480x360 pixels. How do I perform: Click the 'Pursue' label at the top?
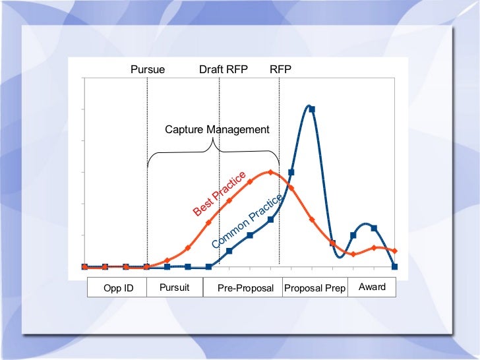[147, 69]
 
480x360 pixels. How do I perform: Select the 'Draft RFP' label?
[223, 69]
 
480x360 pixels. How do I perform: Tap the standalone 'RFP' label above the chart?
[280, 69]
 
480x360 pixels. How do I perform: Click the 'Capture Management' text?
[217, 129]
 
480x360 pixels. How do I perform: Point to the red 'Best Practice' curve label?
[220, 193]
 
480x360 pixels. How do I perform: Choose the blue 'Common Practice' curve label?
[247, 221]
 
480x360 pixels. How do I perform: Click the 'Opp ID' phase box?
[119, 288]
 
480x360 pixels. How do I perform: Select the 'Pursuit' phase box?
[175, 287]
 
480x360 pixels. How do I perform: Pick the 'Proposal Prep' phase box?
[315, 288]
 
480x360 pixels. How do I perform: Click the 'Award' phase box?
[372, 287]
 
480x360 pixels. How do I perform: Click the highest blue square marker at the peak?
[312, 109]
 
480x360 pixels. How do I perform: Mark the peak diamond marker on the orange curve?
[270, 172]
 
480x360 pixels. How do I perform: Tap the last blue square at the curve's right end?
[394, 267]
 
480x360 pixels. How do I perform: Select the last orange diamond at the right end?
[394, 251]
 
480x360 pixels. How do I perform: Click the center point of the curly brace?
[214, 146]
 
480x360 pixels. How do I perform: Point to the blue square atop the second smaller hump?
[374, 228]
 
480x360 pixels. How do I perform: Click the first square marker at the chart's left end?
[84, 267]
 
